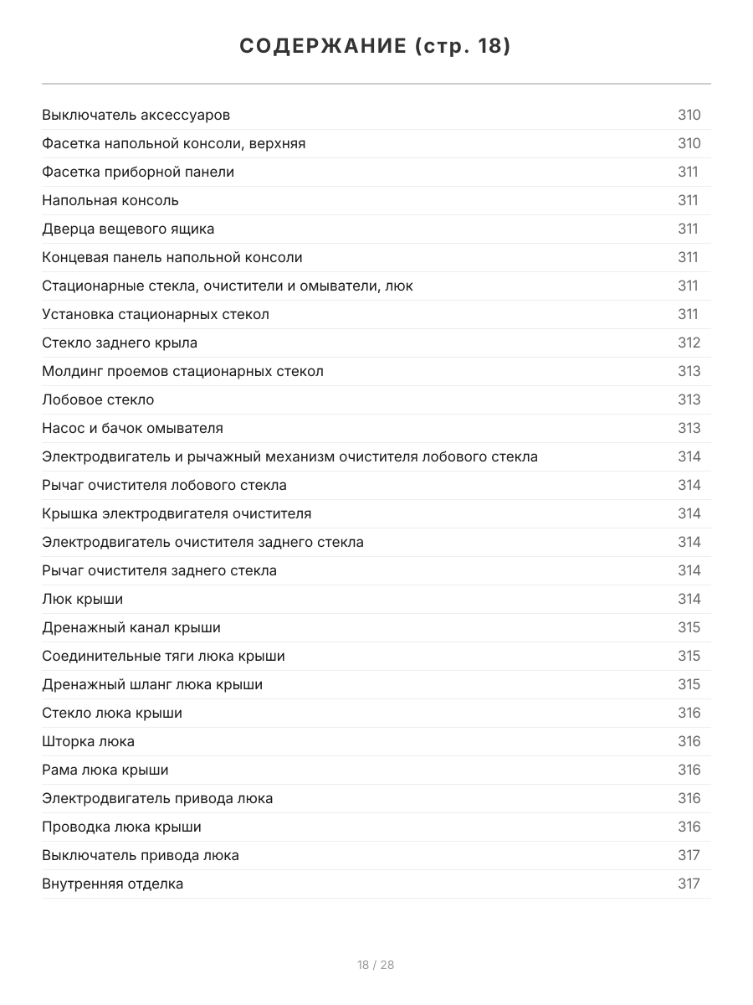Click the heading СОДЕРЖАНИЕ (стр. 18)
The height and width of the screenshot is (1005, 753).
tap(376, 47)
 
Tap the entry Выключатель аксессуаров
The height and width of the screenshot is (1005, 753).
tap(136, 115)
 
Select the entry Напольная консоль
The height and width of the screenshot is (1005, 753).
tap(110, 200)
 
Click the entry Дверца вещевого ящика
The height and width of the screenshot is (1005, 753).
tap(128, 229)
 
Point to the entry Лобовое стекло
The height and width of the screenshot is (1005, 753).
tap(98, 399)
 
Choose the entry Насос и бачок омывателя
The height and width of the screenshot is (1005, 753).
tap(132, 428)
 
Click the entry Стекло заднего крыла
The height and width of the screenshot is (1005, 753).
tap(120, 343)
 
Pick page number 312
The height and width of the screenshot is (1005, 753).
tap(689, 343)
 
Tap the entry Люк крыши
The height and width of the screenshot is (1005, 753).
tap(82, 599)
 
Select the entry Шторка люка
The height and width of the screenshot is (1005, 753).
tap(88, 741)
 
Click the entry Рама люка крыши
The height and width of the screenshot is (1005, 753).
tap(105, 770)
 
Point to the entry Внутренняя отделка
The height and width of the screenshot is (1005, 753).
tap(112, 884)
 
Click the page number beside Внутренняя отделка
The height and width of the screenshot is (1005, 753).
tap(689, 884)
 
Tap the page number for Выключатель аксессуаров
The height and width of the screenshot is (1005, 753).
tap(689, 115)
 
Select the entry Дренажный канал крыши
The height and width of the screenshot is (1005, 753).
tap(131, 627)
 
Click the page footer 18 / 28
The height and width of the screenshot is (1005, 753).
tap(376, 965)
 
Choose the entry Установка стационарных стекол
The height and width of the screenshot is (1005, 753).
tap(156, 314)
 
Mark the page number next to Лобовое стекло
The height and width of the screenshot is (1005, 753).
tap(689, 399)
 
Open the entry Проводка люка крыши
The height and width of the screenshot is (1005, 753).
tap(121, 827)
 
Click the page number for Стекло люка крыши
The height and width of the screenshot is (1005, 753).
tap(689, 713)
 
